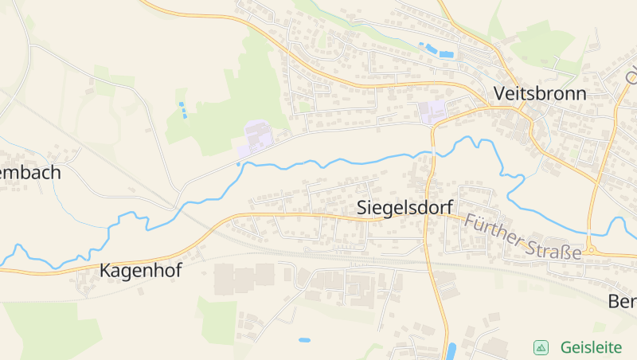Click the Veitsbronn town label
tap(540, 93)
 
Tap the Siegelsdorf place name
tap(404, 207)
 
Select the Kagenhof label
tap(140, 271)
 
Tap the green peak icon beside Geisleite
tap(541, 347)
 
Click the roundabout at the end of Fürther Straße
tap(590, 250)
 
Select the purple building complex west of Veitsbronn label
tap(432, 112)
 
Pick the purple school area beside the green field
tap(256, 138)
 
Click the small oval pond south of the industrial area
tap(304, 340)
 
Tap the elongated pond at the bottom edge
tap(451, 351)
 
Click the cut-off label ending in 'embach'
tap(30, 172)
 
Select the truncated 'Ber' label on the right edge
tap(623, 302)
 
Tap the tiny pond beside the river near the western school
tap(238, 165)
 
